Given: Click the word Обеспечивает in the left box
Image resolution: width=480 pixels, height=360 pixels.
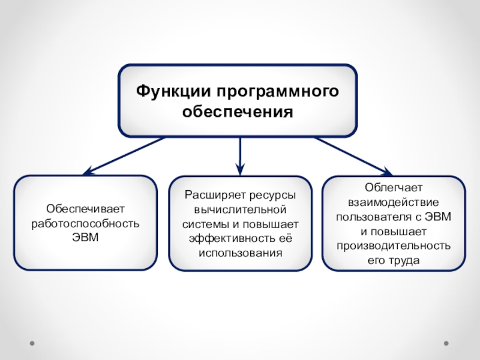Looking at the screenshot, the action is (85, 209).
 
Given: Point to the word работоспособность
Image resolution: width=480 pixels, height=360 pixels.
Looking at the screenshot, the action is (85, 223).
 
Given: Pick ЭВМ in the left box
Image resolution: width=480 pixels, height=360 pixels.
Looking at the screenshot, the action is (85, 237).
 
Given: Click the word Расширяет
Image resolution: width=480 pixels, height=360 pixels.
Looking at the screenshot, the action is (213, 196).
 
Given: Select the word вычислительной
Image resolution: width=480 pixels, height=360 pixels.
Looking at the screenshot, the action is (240, 210).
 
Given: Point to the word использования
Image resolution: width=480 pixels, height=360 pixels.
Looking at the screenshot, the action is (240, 253).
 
